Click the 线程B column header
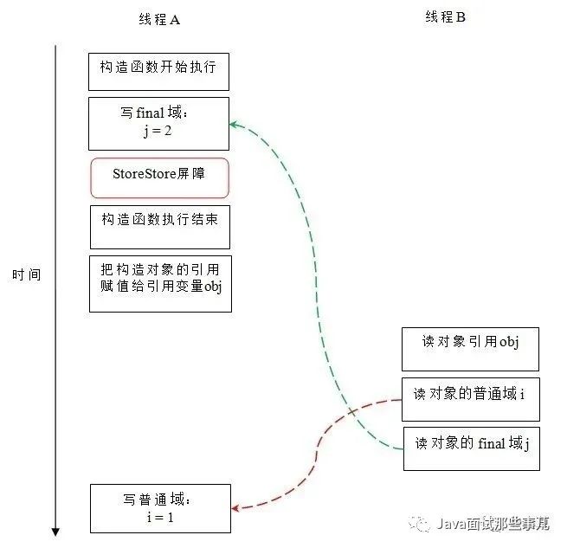(x=445, y=17)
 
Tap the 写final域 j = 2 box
(x=158, y=123)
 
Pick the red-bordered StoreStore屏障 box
(x=159, y=177)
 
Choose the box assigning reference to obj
(x=160, y=283)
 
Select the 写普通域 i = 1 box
(x=160, y=507)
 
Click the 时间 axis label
(x=26, y=275)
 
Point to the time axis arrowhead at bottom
(x=56, y=531)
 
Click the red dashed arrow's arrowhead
(x=235, y=508)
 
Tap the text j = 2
(x=158, y=132)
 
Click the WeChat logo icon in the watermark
(x=421, y=523)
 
